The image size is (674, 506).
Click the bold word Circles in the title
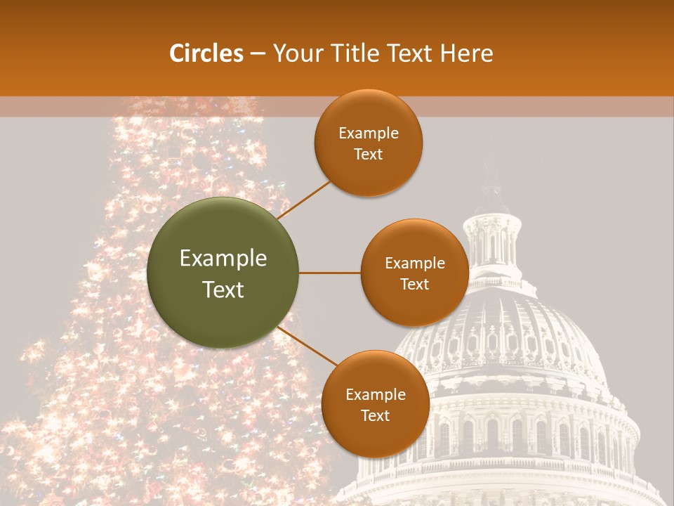206,53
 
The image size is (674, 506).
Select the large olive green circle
223,273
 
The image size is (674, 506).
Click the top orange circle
368,143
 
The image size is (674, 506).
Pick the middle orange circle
414,273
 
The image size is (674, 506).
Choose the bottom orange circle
375,404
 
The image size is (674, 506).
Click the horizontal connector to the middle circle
330,273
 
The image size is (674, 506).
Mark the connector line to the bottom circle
309,347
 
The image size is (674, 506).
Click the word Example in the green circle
223,259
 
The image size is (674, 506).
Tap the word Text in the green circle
223,290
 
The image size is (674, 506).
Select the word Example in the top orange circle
368,134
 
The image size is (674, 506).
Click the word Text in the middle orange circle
414,284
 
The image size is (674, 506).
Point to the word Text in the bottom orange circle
375,415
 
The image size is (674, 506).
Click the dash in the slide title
258,54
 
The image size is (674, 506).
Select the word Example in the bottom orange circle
375,394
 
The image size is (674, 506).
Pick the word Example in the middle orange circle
414,264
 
